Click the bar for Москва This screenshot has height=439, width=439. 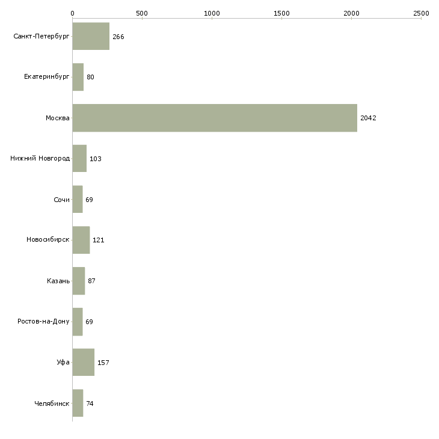pos(215,118)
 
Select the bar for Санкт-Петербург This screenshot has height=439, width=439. pos(91,36)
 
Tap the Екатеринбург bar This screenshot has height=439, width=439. pos(78,77)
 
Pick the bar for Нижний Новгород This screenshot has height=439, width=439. pos(79,159)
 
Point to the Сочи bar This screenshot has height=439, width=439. pos(78,199)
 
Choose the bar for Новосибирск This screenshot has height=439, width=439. pos(81,240)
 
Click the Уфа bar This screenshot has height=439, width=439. pos(84,362)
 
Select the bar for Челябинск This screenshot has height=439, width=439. pos(78,403)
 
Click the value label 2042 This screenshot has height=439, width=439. pos(368,118)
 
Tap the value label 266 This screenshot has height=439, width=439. pos(118,37)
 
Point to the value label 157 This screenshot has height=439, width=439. pos(103,363)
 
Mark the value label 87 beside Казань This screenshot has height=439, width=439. pos(91,281)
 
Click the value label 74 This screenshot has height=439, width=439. pos(90,404)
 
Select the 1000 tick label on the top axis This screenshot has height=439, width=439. pos(212,13)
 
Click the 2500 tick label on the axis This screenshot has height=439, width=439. pos(421,13)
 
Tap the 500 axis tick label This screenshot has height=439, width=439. pos(142,13)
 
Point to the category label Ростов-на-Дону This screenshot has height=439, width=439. pos(43,321)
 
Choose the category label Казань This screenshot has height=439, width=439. pos(58,281)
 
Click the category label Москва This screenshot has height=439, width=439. pos(57,118)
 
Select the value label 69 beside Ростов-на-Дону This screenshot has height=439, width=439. pos(90,322)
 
